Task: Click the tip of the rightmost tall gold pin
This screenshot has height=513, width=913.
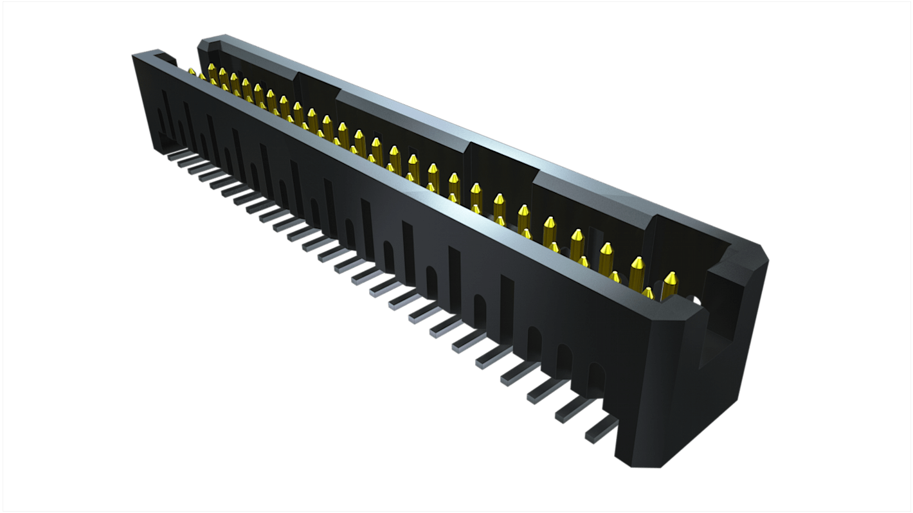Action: [x=670, y=277]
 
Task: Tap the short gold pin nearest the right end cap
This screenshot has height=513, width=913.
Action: [x=648, y=293]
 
